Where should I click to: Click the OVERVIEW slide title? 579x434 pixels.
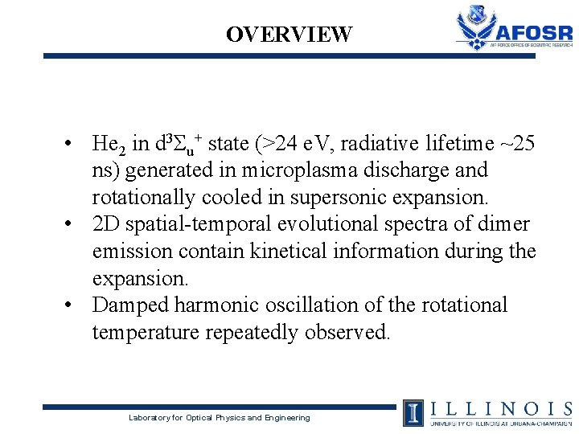(289, 35)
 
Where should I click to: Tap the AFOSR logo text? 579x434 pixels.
(535, 32)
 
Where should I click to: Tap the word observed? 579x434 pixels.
(351, 332)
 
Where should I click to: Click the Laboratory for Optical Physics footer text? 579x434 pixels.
(220, 418)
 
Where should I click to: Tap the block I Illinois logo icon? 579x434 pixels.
(413, 411)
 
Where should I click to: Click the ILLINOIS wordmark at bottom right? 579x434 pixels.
(500, 408)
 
